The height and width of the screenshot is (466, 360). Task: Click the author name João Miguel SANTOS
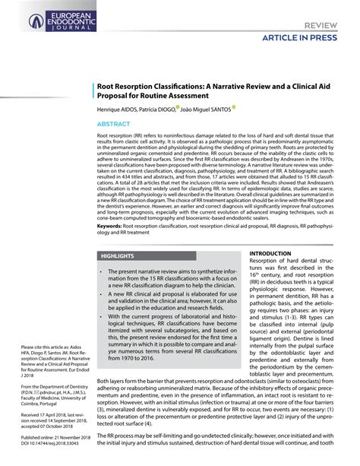(x=206, y=109)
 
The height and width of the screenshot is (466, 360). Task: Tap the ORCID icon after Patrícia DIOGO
(x=177, y=107)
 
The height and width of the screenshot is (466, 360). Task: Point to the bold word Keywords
(x=110, y=225)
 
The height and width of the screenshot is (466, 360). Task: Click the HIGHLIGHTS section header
(x=118, y=257)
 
